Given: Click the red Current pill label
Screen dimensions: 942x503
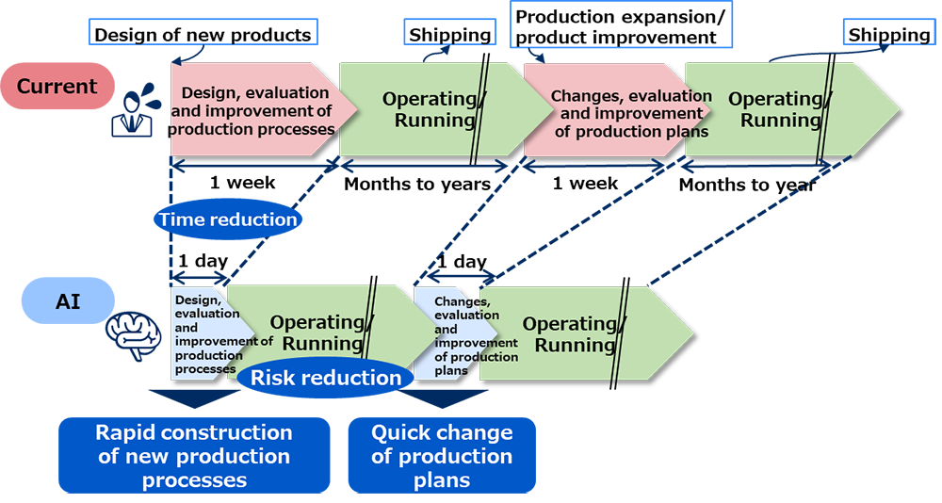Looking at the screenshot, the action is [57, 86].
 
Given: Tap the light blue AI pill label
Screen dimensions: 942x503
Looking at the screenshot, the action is [68, 300].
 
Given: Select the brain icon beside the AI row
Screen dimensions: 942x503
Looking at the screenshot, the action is [134, 335].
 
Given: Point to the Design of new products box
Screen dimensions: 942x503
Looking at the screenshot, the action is [203, 33].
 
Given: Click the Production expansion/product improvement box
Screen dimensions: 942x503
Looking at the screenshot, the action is [621, 25].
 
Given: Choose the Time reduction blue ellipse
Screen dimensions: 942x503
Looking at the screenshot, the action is [228, 219].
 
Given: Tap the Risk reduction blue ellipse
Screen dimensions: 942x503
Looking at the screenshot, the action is [326, 378].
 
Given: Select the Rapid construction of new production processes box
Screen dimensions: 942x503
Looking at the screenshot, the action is [194, 456].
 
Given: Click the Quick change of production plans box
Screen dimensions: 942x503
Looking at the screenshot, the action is [442, 456].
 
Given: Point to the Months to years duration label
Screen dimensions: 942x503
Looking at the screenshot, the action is [417, 184].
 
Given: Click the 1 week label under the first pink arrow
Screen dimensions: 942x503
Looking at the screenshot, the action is [243, 182].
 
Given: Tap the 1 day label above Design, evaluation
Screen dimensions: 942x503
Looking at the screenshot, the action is [203, 261].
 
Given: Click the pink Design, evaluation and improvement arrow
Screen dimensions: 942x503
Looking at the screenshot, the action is [261, 110].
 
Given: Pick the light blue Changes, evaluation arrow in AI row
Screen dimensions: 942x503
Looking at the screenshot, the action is [455, 333].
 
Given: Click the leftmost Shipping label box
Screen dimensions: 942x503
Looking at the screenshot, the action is [450, 34].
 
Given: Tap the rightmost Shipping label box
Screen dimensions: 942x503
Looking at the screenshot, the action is [889, 34].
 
